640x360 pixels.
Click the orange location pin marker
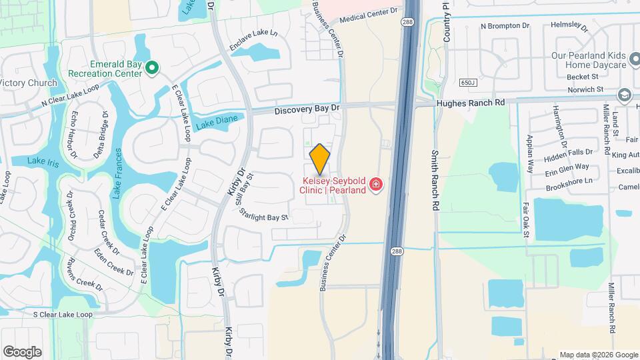(x=320, y=158)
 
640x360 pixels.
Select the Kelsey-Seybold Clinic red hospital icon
(x=376, y=183)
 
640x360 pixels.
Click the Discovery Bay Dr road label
(x=307, y=107)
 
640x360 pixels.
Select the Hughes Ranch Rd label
(x=471, y=103)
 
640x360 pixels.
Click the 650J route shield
(x=469, y=83)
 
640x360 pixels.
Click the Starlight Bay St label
(x=265, y=217)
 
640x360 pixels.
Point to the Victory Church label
(x=29, y=83)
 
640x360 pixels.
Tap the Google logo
(x=22, y=351)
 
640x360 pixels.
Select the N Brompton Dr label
(x=505, y=26)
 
